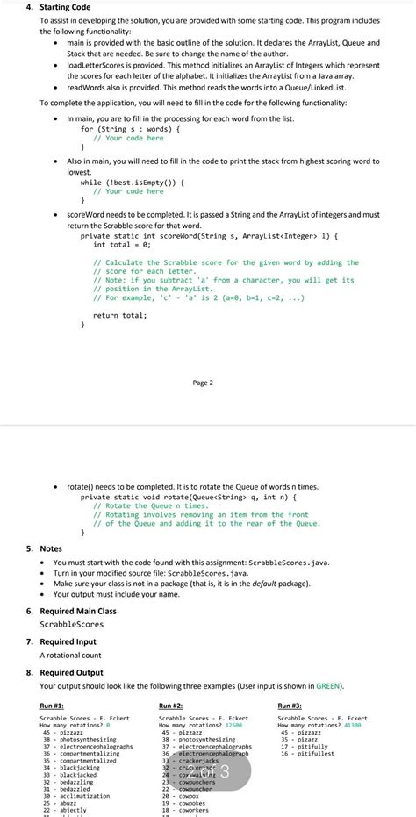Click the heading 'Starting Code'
[54, 7]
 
